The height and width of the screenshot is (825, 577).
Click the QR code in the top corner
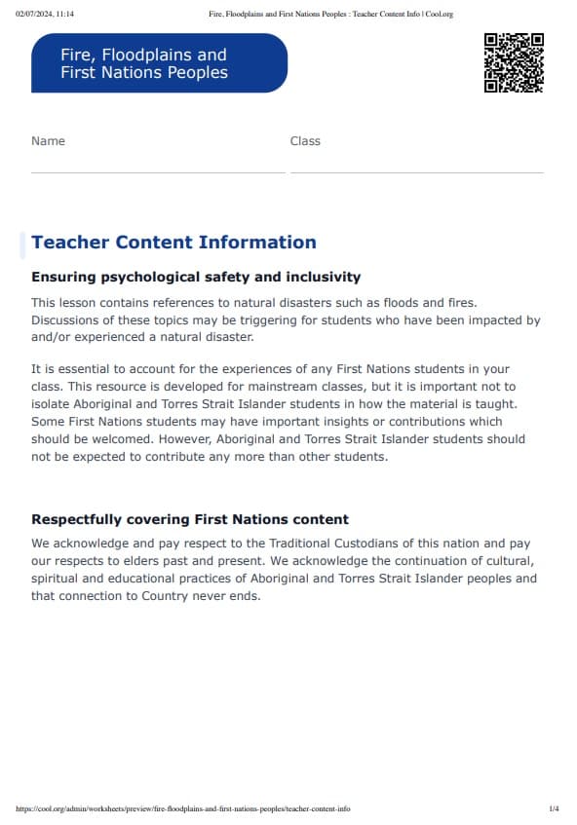point(514,62)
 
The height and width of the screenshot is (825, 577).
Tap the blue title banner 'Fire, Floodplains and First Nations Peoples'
point(159,63)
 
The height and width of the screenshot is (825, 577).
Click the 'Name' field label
point(48,141)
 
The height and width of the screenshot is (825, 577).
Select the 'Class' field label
point(305,141)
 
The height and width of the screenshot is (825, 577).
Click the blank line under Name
point(158,171)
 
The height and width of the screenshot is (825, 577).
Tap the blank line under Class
point(416,171)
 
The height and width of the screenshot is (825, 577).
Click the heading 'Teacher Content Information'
point(173,243)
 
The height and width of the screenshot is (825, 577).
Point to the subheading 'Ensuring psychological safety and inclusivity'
point(196,278)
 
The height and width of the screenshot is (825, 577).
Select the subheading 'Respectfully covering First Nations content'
point(190,520)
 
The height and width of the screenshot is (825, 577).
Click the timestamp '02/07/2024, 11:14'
point(45,15)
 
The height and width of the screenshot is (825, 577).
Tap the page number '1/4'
point(554,809)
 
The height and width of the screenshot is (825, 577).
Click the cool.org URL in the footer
point(183,809)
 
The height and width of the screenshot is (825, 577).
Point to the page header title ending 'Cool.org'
point(331,15)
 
